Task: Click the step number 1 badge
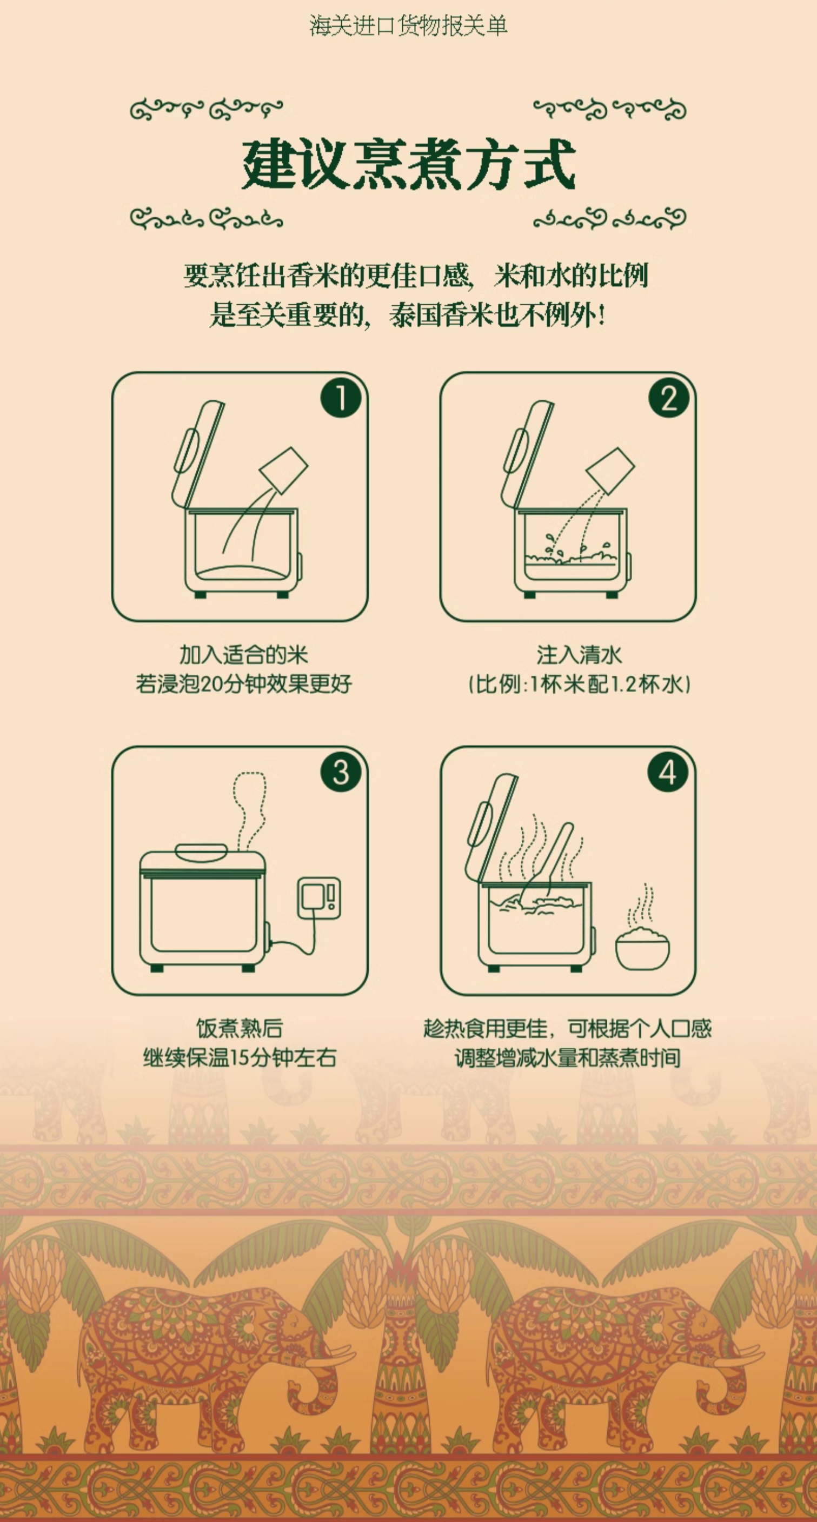pyautogui.click(x=341, y=398)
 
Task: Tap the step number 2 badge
pyautogui.click(x=669, y=398)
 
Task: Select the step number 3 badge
pyautogui.click(x=341, y=772)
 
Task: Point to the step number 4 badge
pyautogui.click(x=669, y=772)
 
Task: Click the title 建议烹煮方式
pyautogui.click(x=409, y=164)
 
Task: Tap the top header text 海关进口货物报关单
pyautogui.click(x=409, y=26)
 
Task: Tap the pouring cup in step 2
pyautogui.click(x=610, y=471)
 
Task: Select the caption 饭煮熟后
pyautogui.click(x=240, y=1029)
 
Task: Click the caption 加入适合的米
pyautogui.click(x=243, y=655)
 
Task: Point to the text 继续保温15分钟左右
pyautogui.click(x=240, y=1057)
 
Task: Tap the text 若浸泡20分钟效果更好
pyautogui.click(x=243, y=684)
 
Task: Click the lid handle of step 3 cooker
pyautogui.click(x=202, y=852)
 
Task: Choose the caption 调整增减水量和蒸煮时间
pyautogui.click(x=568, y=1057)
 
